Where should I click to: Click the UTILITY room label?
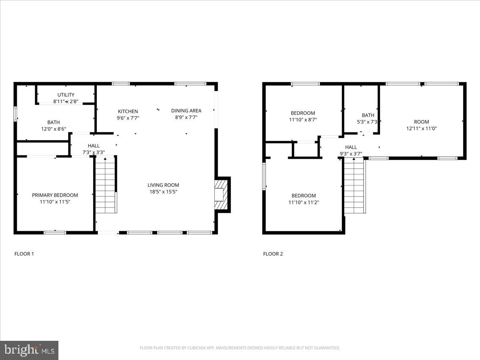point(66,95)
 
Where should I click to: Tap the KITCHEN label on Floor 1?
point(128,111)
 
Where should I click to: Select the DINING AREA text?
point(186,110)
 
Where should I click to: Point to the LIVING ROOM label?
point(163,185)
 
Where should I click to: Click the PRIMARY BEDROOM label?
point(55,195)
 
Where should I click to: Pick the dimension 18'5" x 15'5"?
point(163,192)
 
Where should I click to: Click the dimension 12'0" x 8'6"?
point(53,129)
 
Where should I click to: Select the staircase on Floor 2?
point(354,186)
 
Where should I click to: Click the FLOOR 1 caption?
point(24,254)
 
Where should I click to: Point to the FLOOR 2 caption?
point(273,254)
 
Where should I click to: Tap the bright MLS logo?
point(29,350)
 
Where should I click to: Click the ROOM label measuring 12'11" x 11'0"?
point(421,122)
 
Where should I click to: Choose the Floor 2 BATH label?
point(368,115)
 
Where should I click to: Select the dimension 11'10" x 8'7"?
point(303,119)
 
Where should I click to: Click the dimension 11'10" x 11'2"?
point(304,202)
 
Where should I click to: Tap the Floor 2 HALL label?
point(351,147)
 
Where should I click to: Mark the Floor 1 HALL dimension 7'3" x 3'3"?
point(94,152)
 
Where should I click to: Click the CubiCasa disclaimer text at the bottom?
point(240,348)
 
